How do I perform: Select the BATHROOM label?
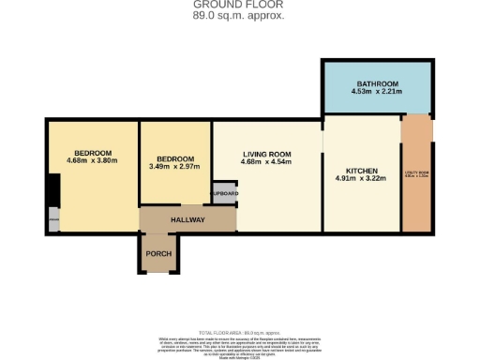tap(377, 83)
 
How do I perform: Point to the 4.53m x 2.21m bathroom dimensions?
tap(377, 93)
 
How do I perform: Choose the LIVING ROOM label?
tap(267, 154)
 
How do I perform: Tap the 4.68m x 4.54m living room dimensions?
tap(267, 163)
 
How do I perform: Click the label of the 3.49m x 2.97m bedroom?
tap(175, 158)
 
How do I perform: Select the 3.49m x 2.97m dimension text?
tap(175, 167)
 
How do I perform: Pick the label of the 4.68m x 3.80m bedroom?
tap(93, 153)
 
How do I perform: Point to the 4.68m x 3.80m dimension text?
tap(93, 161)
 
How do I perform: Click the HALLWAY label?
tap(187, 219)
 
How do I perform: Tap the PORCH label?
tap(157, 254)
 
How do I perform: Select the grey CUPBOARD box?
tap(224, 192)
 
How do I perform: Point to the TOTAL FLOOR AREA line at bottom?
tap(239, 332)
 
